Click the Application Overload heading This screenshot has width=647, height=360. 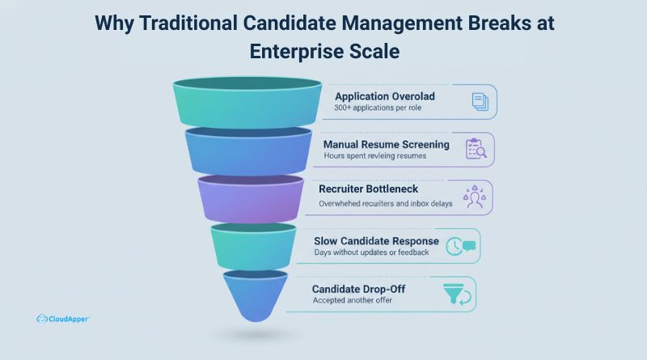pos(385,96)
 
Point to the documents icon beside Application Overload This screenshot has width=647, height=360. pos(479,102)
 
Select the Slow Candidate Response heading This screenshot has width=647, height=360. pos(377,241)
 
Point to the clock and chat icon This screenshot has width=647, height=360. pos(461,246)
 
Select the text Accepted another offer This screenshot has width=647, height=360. pos(352,301)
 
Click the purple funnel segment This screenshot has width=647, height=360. pos(251,199)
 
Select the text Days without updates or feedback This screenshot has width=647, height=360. pos(371,253)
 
